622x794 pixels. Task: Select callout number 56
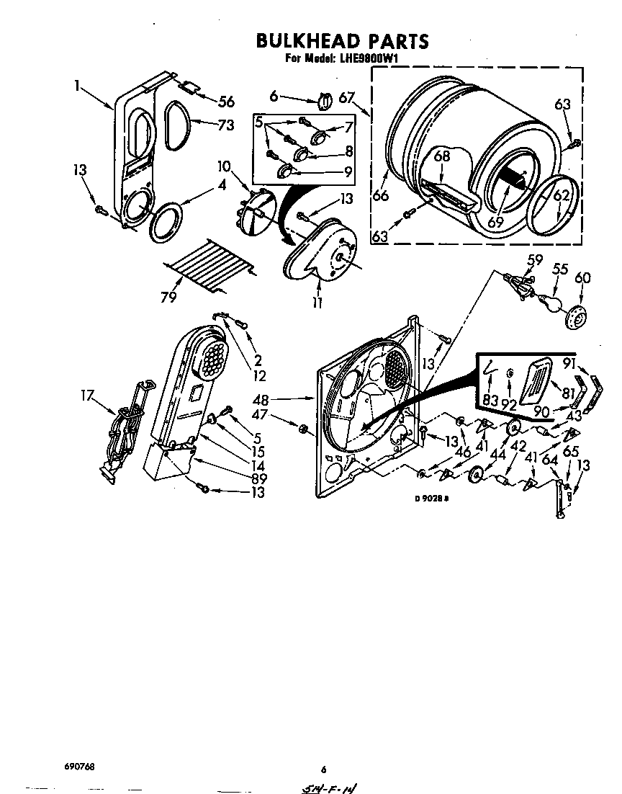click(x=226, y=101)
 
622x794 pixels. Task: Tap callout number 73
click(x=225, y=125)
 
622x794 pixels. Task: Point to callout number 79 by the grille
click(x=168, y=296)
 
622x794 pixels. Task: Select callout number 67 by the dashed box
click(x=348, y=98)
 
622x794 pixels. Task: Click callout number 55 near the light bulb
click(x=559, y=269)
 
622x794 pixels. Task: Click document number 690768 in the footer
click(x=74, y=767)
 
